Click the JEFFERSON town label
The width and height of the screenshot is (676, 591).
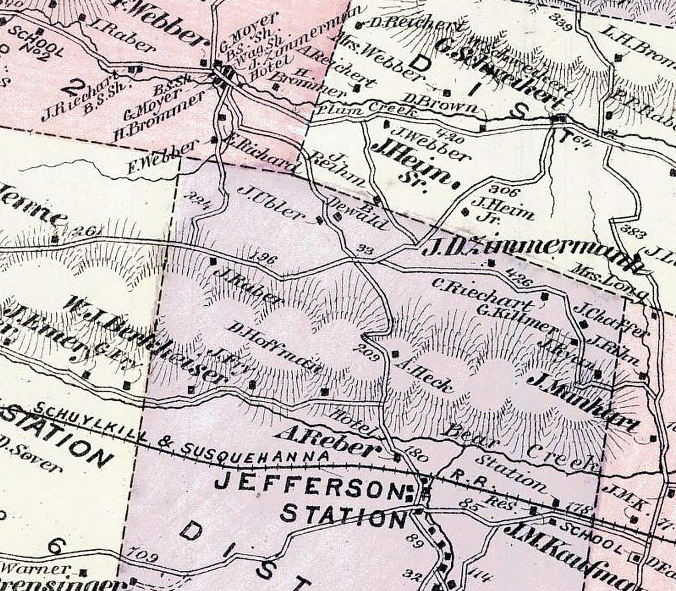point(307,485)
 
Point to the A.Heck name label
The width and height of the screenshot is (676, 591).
point(423,374)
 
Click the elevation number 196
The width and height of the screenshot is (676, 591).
point(264,257)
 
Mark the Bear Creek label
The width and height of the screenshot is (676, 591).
point(524,446)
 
